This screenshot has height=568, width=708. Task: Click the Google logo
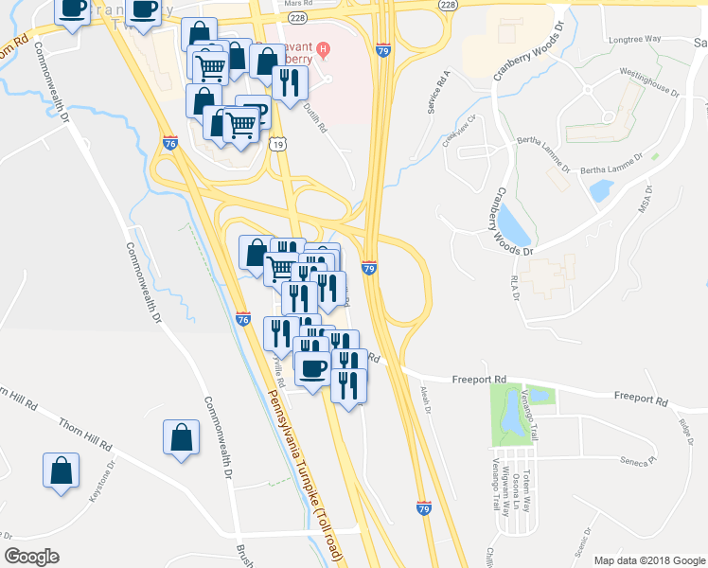32,556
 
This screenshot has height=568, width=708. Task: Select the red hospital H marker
324,49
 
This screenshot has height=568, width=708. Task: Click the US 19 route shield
276,144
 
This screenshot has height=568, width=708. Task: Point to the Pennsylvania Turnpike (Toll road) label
305,465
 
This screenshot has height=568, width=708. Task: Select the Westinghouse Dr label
649,81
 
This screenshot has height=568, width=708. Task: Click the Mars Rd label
298,4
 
